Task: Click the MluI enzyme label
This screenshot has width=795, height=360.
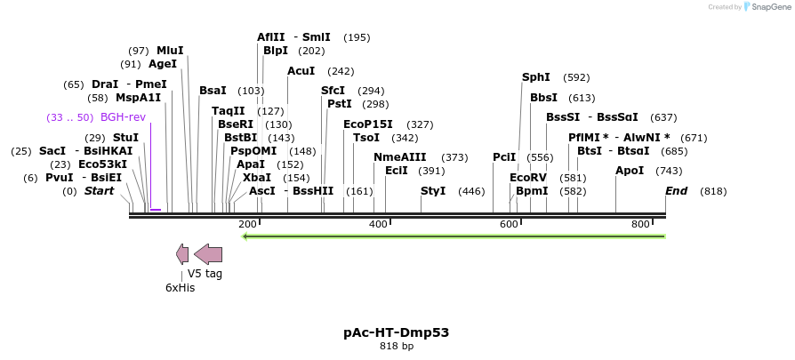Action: (x=170, y=51)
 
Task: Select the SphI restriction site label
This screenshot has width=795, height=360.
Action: (x=536, y=77)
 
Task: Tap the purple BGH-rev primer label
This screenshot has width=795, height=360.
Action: (x=123, y=117)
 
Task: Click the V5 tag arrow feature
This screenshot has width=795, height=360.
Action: (x=208, y=254)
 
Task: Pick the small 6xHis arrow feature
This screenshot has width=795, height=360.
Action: (x=182, y=254)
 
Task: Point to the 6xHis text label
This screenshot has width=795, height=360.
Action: (x=180, y=288)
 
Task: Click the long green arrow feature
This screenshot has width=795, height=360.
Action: (x=454, y=236)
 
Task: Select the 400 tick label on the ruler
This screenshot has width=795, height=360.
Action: (x=378, y=224)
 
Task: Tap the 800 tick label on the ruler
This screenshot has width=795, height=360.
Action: (x=640, y=224)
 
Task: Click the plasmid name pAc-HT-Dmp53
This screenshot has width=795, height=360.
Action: (x=397, y=332)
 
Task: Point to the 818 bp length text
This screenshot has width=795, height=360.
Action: (x=397, y=347)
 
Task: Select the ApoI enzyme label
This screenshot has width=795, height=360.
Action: (x=630, y=171)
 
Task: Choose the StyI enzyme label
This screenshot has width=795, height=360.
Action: (x=433, y=191)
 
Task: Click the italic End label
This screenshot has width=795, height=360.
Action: (x=676, y=191)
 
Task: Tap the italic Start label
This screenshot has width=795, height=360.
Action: (x=99, y=191)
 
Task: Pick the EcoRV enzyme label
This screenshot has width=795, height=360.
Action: (x=528, y=178)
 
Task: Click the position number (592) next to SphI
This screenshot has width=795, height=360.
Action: (x=576, y=77)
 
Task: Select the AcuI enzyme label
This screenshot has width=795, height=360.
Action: (x=301, y=71)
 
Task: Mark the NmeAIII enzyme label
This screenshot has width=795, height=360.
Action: (x=399, y=157)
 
